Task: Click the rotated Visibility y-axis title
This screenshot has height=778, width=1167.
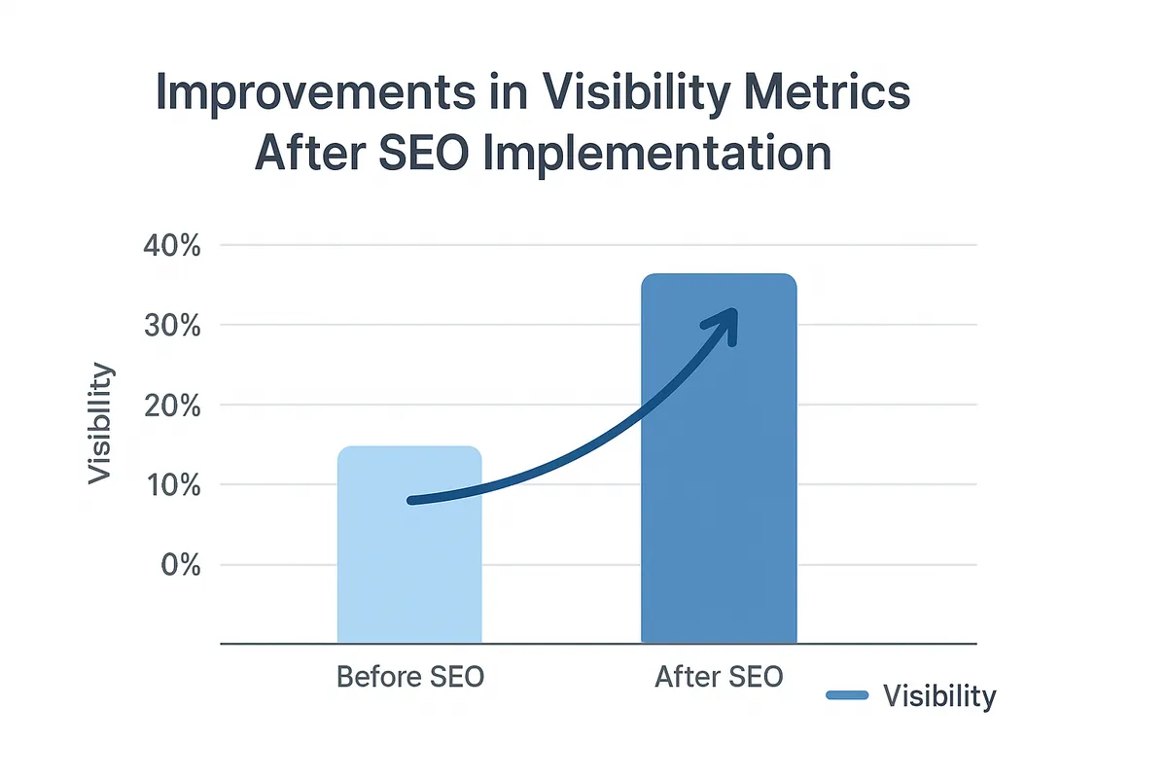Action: pyautogui.click(x=100, y=423)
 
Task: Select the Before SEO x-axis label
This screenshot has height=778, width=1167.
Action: pyautogui.click(x=409, y=677)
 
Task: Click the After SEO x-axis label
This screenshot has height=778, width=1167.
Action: pyautogui.click(x=719, y=677)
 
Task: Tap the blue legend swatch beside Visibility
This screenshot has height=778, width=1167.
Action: pyautogui.click(x=846, y=695)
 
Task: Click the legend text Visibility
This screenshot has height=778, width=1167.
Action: pyautogui.click(x=938, y=696)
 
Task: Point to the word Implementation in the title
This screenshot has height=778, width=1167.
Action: pyautogui.click(x=656, y=155)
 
